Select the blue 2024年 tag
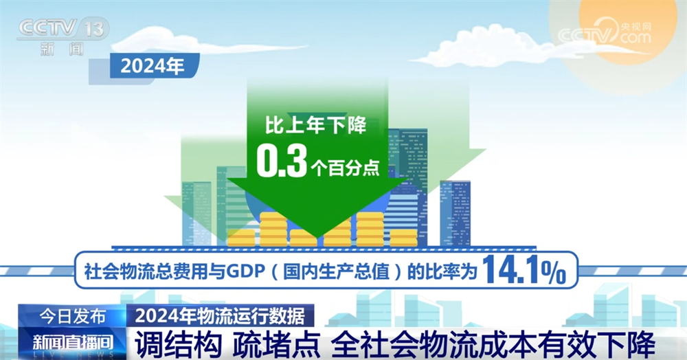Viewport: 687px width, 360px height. (x=153, y=67)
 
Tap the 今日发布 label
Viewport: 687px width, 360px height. (x=72, y=316)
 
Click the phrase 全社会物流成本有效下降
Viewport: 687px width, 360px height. (x=493, y=342)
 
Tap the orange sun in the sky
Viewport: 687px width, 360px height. (x=632, y=27)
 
